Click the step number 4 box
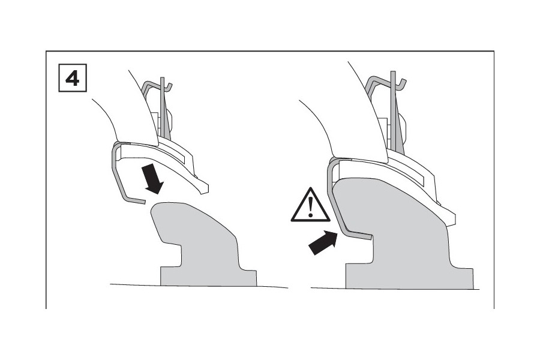tap(73, 78)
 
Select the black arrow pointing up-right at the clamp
tap(322, 243)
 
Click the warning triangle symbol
tap(310, 205)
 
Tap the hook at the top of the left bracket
tap(168, 85)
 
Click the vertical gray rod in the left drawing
tap(163, 109)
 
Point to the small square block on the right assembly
tap(382, 127)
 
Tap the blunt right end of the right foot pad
tap(451, 219)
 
